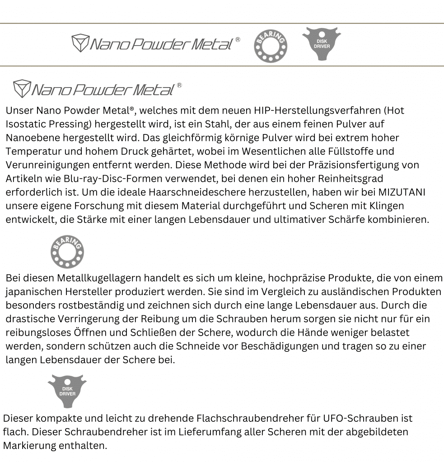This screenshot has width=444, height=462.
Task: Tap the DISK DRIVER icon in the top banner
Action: tap(321, 44)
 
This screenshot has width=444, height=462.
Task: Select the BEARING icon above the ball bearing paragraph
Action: tap(67, 251)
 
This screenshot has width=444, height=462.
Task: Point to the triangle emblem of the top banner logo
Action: tap(80, 43)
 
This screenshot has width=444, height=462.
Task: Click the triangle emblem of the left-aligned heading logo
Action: tap(21, 89)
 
